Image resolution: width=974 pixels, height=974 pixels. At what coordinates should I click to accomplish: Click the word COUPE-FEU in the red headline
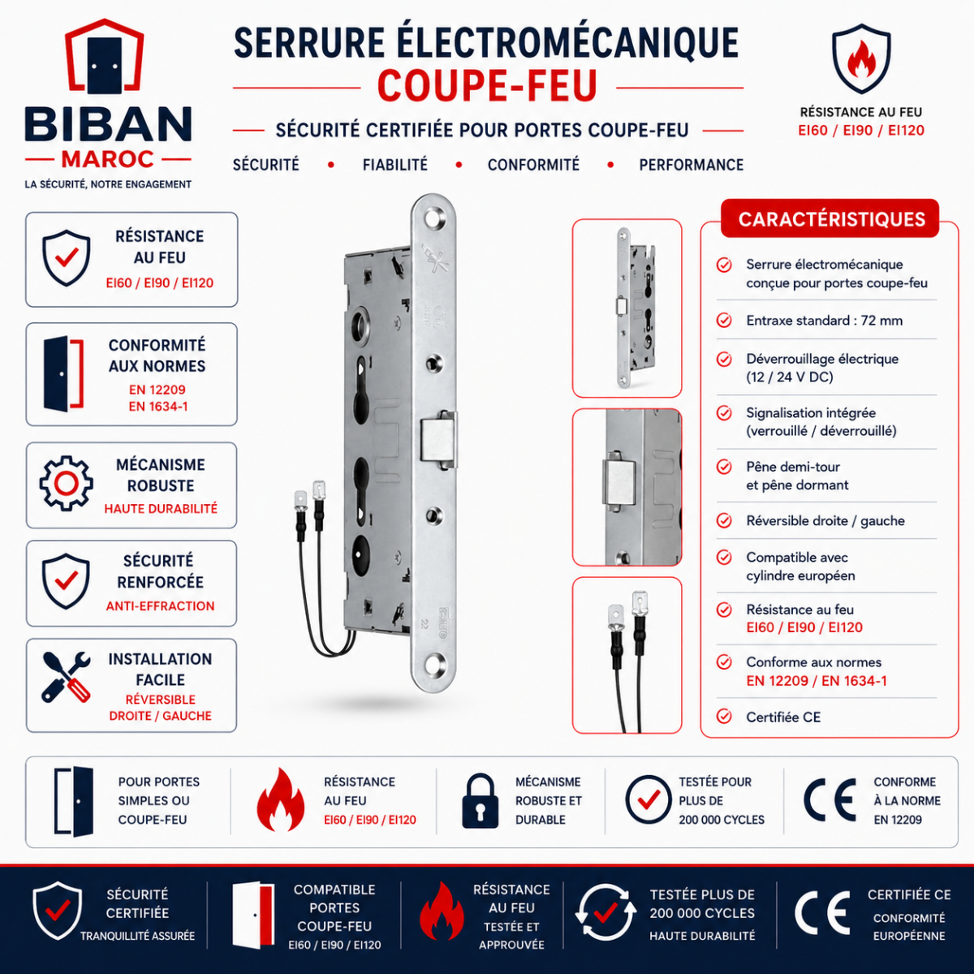coord(487,86)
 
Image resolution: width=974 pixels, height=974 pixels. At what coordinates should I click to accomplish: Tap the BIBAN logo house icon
coord(105,56)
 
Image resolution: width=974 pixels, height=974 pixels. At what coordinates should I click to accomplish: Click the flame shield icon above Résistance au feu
coord(861,58)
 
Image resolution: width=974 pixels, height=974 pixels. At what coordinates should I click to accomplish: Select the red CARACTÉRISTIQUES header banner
coord(830,218)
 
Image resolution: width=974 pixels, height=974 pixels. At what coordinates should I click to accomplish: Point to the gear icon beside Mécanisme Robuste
coord(67,483)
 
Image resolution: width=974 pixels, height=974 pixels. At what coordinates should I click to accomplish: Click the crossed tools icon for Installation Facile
coord(67,677)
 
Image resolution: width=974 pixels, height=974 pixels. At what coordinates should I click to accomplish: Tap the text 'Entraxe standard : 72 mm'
coord(825,321)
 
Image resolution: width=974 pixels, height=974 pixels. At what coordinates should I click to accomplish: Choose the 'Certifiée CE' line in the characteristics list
coord(783,717)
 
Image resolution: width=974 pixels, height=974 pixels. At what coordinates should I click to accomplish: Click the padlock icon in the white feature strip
coord(481,800)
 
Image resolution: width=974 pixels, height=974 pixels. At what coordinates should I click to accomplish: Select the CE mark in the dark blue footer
coord(822,913)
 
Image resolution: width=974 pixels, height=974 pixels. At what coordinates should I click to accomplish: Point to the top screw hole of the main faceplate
coord(432,219)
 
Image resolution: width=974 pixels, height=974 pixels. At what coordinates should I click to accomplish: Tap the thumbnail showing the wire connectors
coord(627,655)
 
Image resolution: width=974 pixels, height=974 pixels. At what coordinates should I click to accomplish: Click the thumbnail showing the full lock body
coord(627,308)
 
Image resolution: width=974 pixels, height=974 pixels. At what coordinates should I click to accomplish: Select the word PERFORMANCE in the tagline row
coord(691,165)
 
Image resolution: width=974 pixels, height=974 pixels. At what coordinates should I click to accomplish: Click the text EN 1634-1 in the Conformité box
coord(158,407)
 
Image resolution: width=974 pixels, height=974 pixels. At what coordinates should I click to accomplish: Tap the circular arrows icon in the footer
coord(606,913)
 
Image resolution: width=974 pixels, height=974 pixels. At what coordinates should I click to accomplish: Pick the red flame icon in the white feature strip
coord(281,799)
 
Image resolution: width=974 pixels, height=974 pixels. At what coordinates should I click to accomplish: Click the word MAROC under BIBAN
coord(108,160)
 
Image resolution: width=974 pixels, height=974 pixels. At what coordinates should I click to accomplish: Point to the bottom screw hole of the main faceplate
coord(434,665)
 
